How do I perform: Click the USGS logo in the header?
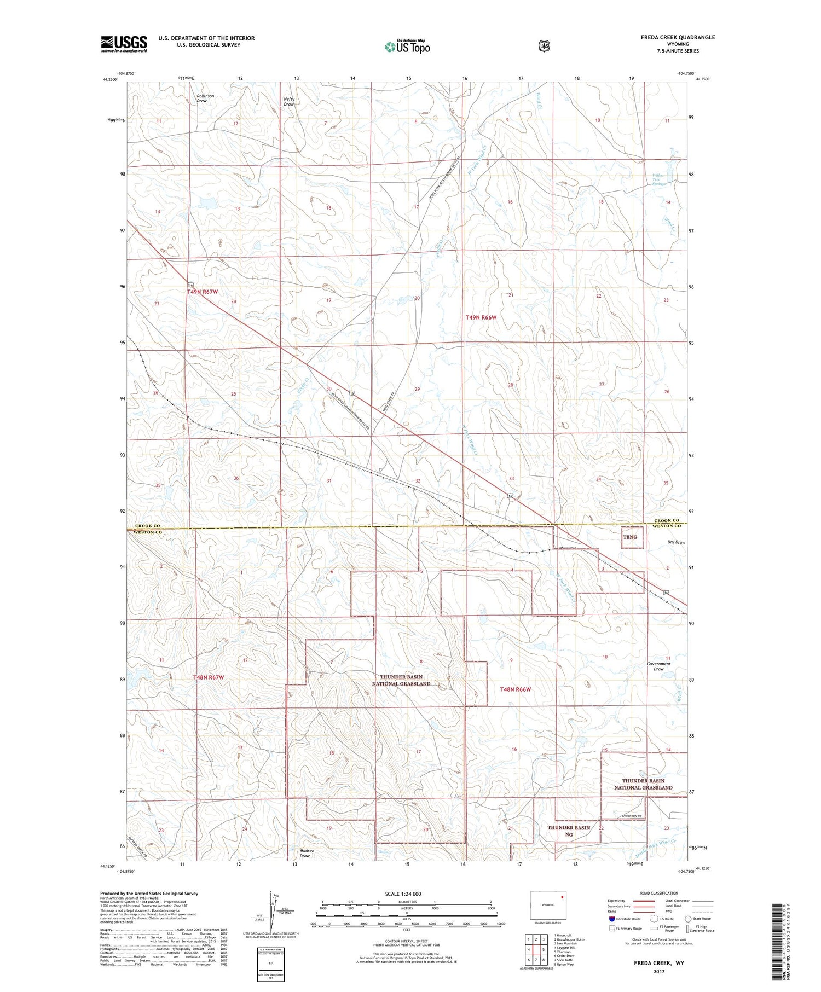pos(124,44)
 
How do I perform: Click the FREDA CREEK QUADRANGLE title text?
pos(679,37)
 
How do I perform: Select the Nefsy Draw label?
pos(289,101)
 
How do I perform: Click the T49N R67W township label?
pos(203,292)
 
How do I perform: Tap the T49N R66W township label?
pos(481,317)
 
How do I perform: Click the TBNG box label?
pos(630,537)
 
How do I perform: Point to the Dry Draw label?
pos(676,542)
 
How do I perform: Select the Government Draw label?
pos(658,666)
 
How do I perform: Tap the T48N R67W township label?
pos(209,677)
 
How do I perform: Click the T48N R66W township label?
pos(516,689)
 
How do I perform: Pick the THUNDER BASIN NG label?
pos(569,831)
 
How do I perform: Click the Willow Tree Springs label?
pos(658,180)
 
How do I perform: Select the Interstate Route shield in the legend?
pos(612,919)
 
